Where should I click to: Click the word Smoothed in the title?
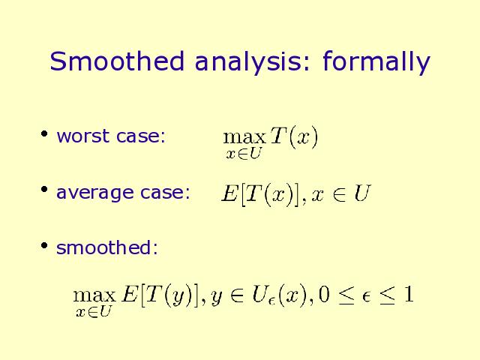pyautogui.click(x=117, y=61)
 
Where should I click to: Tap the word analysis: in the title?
pyautogui.click(x=253, y=63)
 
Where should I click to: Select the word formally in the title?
pyautogui.click(x=376, y=63)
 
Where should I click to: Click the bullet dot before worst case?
pyautogui.click(x=44, y=133)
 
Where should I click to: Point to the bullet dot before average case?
pyautogui.click(x=44, y=189)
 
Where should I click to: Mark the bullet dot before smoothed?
pyautogui.click(x=44, y=245)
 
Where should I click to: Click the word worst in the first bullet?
pyautogui.click(x=83, y=136)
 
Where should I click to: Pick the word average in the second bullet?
pyautogui.click(x=95, y=193)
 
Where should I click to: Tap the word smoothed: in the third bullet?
pyautogui.click(x=107, y=247)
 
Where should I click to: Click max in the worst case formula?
pyautogui.click(x=244, y=137)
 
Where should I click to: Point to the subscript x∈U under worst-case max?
pyautogui.click(x=243, y=153)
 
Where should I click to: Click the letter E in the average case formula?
pyautogui.click(x=229, y=193)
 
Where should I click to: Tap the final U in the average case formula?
pyautogui.click(x=362, y=193)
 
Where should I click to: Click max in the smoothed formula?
pyautogui.click(x=94, y=295)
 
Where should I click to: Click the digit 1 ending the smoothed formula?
pyautogui.click(x=408, y=295)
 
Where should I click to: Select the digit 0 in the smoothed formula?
pyautogui.click(x=324, y=295)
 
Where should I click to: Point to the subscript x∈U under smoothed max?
pyautogui.click(x=93, y=312)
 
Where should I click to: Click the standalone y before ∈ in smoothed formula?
pyautogui.click(x=217, y=298)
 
